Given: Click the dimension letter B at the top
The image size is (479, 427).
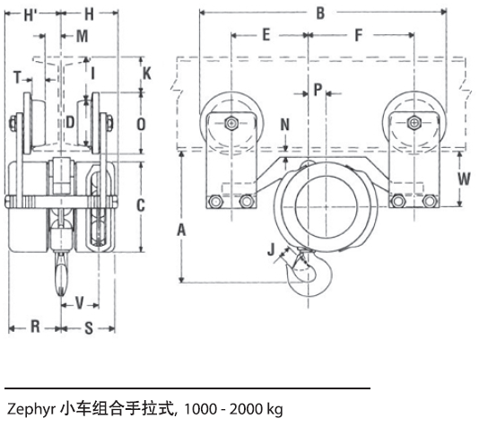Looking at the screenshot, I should [x=321, y=13].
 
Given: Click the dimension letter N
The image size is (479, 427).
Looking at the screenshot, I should [x=285, y=124].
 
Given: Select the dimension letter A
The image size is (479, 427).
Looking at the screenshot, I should [x=182, y=230].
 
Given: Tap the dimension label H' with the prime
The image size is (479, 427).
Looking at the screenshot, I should [x=30, y=14].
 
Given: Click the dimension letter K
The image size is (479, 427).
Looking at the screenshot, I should [x=147, y=70].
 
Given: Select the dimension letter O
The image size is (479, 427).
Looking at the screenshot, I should [x=140, y=124].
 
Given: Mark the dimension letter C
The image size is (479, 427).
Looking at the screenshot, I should [x=140, y=205].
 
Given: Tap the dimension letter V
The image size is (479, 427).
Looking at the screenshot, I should [x=80, y=301].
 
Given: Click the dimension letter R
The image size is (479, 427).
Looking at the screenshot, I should [x=35, y=327].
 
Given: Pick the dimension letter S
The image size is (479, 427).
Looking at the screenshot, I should [x=89, y=327].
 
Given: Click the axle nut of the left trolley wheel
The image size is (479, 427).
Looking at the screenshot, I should [x=231, y=124].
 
